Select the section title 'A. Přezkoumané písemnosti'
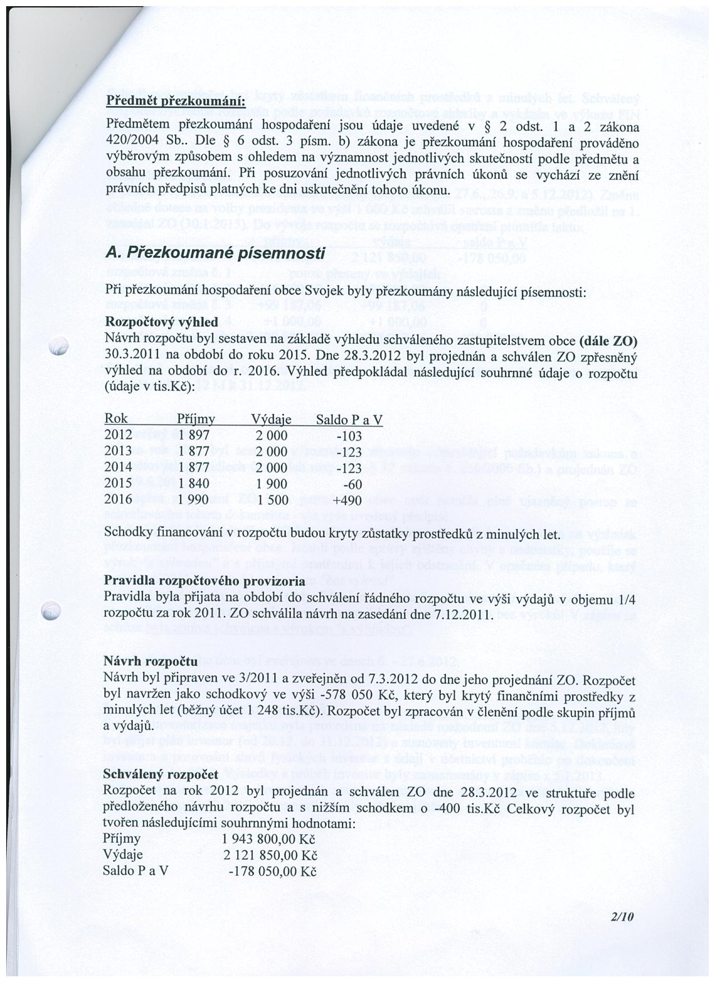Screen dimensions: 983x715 [x=215, y=253]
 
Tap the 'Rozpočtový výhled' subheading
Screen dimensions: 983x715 [x=162, y=323]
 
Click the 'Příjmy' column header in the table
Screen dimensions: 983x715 [x=196, y=419]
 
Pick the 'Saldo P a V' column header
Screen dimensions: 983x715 [x=349, y=419]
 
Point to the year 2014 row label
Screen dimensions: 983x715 [x=118, y=467]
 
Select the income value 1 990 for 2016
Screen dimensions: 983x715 [x=194, y=500]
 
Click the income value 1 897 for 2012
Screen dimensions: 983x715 [x=194, y=435]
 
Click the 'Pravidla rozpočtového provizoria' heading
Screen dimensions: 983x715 [x=204, y=580]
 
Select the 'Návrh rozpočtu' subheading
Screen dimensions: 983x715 [x=151, y=662]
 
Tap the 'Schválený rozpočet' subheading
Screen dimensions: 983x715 [x=161, y=775]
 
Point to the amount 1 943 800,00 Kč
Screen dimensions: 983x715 [x=269, y=839]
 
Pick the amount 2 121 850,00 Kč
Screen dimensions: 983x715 [x=270, y=856]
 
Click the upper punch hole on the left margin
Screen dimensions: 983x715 [x=58, y=348]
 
